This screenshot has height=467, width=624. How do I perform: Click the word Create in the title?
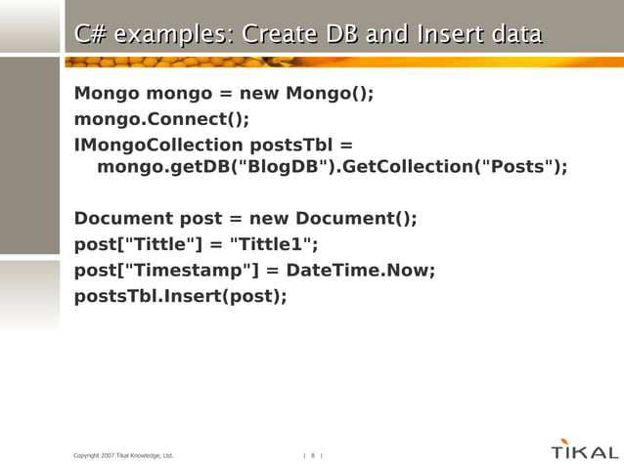tap(277, 35)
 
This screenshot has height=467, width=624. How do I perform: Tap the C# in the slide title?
tap(91, 35)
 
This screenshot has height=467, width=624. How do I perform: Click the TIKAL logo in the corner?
tap(584, 450)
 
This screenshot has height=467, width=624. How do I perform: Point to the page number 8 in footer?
tap(313, 455)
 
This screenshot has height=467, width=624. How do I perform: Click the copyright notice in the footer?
tap(123, 455)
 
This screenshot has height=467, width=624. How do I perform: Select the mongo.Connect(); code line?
tap(161, 119)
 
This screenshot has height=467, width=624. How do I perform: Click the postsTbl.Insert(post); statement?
tap(181, 294)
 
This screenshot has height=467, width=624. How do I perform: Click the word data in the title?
tap(517, 35)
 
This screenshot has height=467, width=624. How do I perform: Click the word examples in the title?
tap(171, 35)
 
